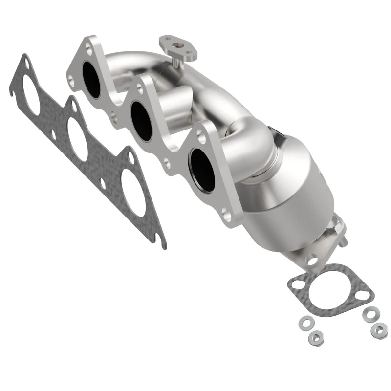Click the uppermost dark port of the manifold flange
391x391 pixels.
(92, 79)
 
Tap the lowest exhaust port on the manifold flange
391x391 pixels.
(202, 169)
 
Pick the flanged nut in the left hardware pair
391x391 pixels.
(314, 337)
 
